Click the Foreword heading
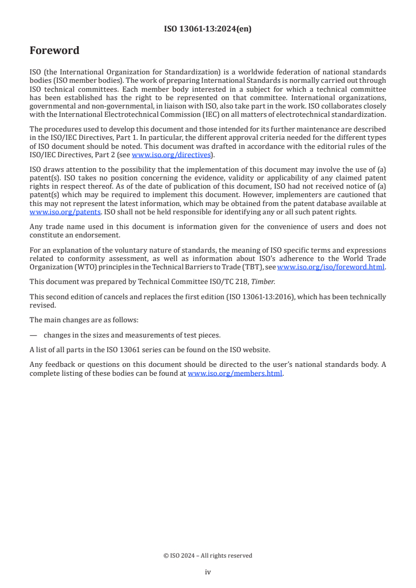pyautogui.click(x=55, y=50)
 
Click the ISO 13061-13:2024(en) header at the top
pyautogui.click(x=208, y=29)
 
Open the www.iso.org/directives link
pyautogui.click(x=170, y=155)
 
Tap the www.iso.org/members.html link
pyautogui.click(x=235, y=374)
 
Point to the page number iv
pyautogui.click(x=208, y=572)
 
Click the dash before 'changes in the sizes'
pyautogui.click(x=33, y=335)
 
